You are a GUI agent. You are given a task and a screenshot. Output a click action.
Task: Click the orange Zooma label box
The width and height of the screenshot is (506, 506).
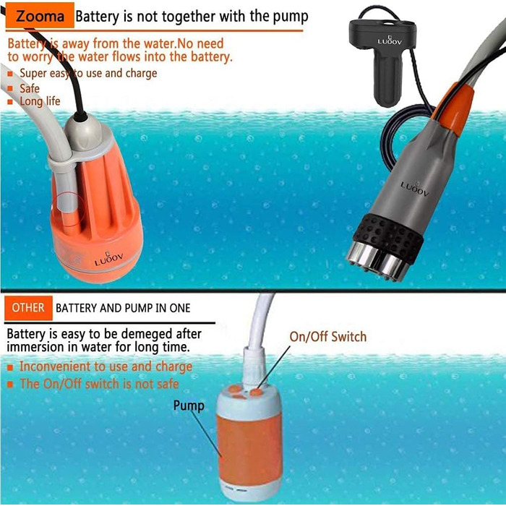coord(40,15)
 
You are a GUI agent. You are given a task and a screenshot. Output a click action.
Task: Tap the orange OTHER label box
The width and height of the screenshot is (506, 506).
coord(28,308)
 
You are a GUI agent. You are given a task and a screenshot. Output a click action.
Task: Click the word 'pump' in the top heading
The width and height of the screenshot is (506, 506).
coord(291,17)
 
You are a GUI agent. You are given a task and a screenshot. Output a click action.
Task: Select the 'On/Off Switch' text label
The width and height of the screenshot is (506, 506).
coord(328,337)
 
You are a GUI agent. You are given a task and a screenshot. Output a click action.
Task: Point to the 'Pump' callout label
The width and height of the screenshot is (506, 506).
coord(189,406)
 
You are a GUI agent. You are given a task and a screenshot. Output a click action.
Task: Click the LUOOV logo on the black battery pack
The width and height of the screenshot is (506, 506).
coord(390,41)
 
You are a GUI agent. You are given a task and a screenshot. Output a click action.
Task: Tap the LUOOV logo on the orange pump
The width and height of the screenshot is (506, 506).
coord(108,259)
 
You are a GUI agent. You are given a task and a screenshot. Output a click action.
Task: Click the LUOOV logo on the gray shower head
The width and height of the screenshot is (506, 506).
coord(415,188)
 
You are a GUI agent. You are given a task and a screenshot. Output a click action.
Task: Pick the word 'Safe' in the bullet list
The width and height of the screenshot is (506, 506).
coord(30,88)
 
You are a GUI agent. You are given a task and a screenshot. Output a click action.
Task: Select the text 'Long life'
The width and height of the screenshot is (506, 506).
coord(40,101)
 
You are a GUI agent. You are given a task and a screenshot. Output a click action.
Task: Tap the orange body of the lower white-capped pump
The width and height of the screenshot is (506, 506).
coord(249,450)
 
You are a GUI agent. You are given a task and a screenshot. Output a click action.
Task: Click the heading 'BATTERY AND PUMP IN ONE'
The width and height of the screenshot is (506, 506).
coord(123,308)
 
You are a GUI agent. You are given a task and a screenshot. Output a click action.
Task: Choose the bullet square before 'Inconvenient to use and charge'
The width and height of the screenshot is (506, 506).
coord(10,367)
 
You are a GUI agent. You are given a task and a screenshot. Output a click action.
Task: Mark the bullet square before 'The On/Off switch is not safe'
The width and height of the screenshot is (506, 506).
coord(10,385)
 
